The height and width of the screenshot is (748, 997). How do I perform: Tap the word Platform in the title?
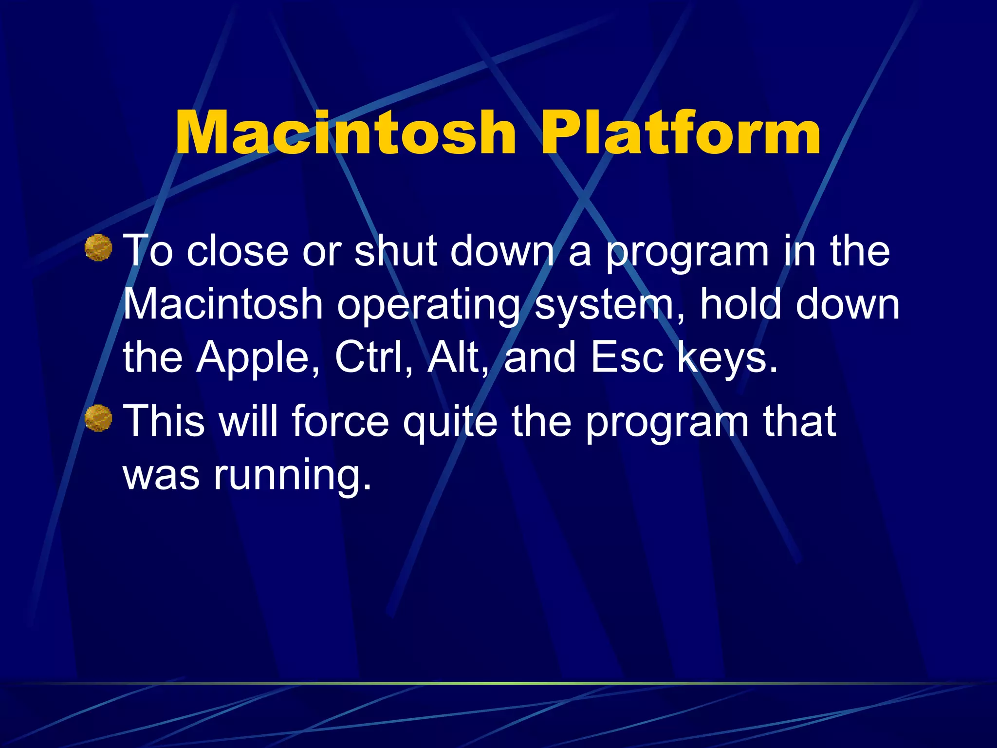click(x=681, y=132)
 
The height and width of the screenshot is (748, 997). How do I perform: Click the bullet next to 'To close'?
click(x=98, y=248)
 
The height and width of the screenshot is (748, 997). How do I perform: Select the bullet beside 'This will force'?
click(x=98, y=418)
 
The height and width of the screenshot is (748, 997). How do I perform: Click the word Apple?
click(x=258, y=358)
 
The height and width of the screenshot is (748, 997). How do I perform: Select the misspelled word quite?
click(x=450, y=422)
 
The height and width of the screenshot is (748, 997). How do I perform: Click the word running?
click(x=292, y=475)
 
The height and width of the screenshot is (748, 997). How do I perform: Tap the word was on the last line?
click(x=161, y=475)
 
